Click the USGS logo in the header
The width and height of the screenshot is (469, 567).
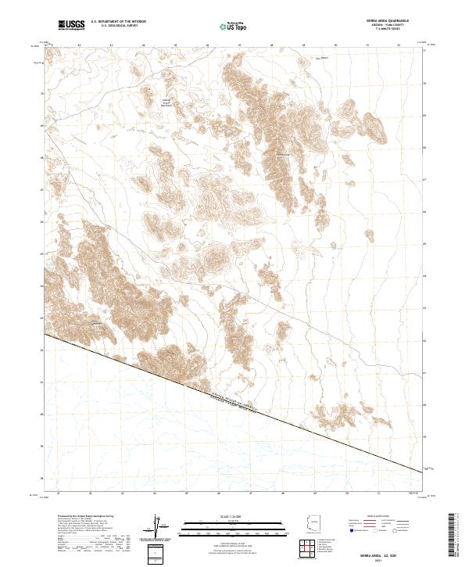(x=71, y=25)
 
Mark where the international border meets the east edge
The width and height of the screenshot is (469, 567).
(x=423, y=472)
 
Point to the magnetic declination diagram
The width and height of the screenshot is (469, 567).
(x=159, y=528)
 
